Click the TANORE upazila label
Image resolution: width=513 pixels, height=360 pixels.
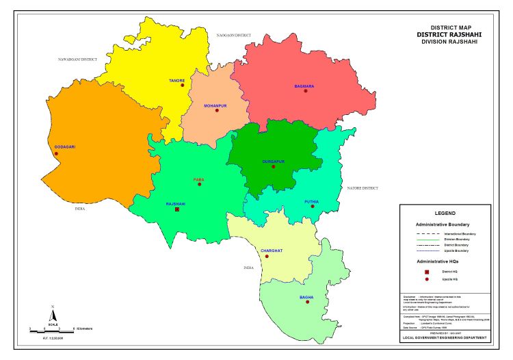click(x=176, y=81)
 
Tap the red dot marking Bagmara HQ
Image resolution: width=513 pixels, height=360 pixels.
click(x=306, y=92)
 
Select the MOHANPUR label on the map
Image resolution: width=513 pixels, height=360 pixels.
click(x=215, y=105)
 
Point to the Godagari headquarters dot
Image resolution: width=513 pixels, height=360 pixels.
click(x=56, y=153)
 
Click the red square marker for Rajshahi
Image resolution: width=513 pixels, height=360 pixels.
click(x=177, y=209)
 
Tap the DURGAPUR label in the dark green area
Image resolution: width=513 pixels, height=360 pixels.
click(x=273, y=161)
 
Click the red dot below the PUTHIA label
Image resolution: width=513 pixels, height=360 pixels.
click(x=312, y=206)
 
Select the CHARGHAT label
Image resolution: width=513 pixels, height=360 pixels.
click(x=272, y=250)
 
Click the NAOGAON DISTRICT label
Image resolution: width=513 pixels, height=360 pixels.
click(x=234, y=34)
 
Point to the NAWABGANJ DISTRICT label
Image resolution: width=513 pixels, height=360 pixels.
click(x=77, y=60)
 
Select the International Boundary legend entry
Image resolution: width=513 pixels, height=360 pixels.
click(x=460, y=234)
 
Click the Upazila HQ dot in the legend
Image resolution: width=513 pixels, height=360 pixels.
click(x=427, y=280)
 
